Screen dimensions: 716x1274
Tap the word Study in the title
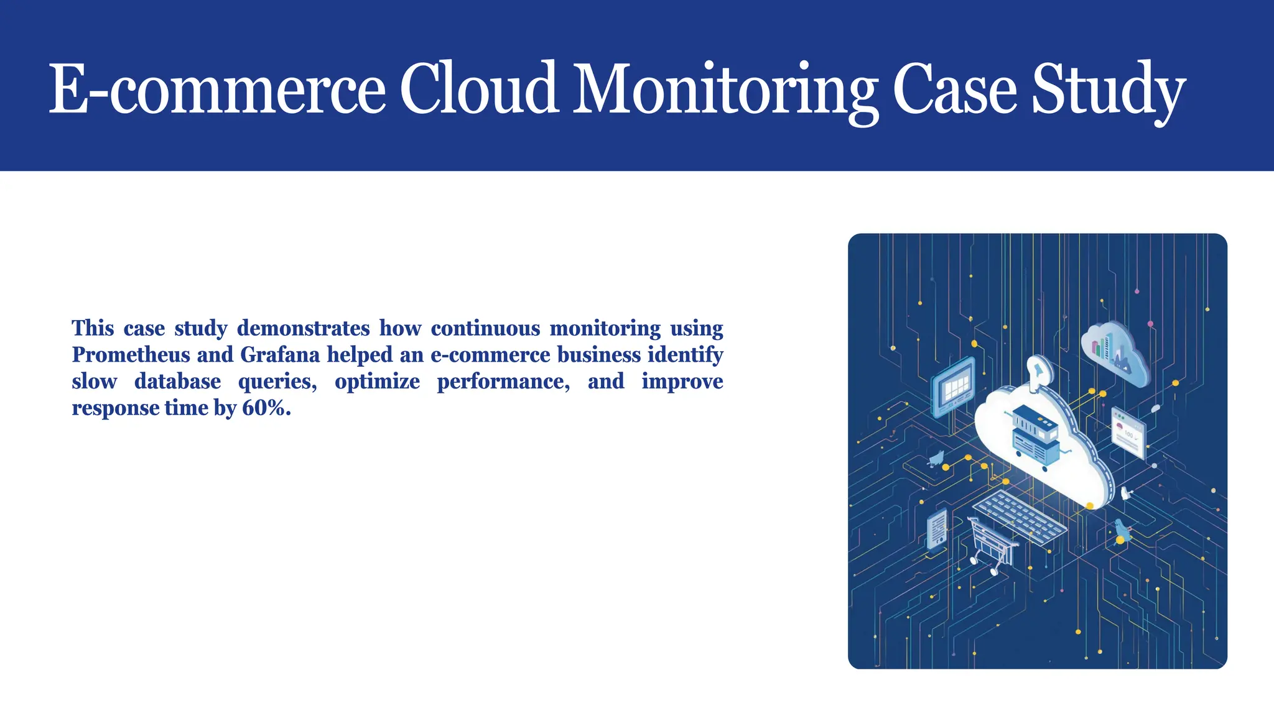tap(1108, 90)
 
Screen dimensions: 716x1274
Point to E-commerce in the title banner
tap(217, 90)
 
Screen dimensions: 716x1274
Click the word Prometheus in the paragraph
tap(131, 355)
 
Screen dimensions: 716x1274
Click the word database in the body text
tap(177, 382)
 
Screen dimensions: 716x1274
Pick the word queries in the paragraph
tap(277, 382)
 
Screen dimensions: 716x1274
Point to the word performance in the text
tap(503, 382)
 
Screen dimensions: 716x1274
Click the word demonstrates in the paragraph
tap(304, 328)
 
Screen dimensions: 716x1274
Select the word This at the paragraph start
tap(93, 328)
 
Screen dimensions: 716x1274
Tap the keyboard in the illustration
tap(1020, 516)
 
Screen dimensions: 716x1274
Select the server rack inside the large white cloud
tap(1035, 435)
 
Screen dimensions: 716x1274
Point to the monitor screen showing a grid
tap(953, 387)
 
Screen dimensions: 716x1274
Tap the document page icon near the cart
tap(937, 530)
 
